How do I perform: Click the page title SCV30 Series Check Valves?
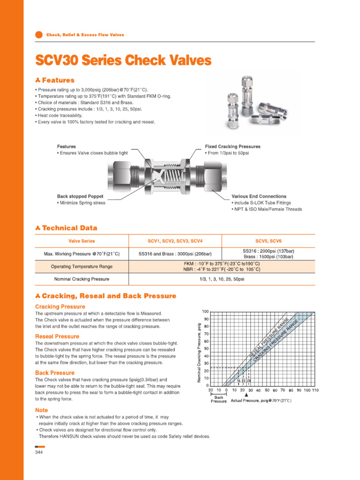123,61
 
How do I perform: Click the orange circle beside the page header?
39,35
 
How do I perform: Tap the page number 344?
39,452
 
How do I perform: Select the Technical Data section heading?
69,228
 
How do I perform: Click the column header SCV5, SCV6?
269,241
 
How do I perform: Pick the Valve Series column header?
82,241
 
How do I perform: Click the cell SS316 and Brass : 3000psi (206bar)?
175,254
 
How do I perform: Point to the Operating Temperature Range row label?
82,267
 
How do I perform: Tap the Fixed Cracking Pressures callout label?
232,147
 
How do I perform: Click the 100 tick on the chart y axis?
205,312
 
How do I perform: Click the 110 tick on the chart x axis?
328,390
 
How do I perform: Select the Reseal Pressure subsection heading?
57,337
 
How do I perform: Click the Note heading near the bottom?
41,410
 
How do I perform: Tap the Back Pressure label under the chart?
218,399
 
